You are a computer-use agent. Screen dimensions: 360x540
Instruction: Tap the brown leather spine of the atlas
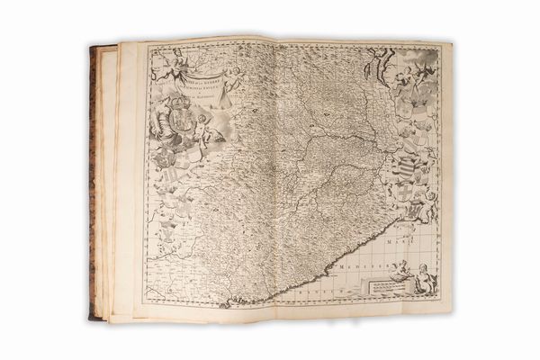tap(92, 180)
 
